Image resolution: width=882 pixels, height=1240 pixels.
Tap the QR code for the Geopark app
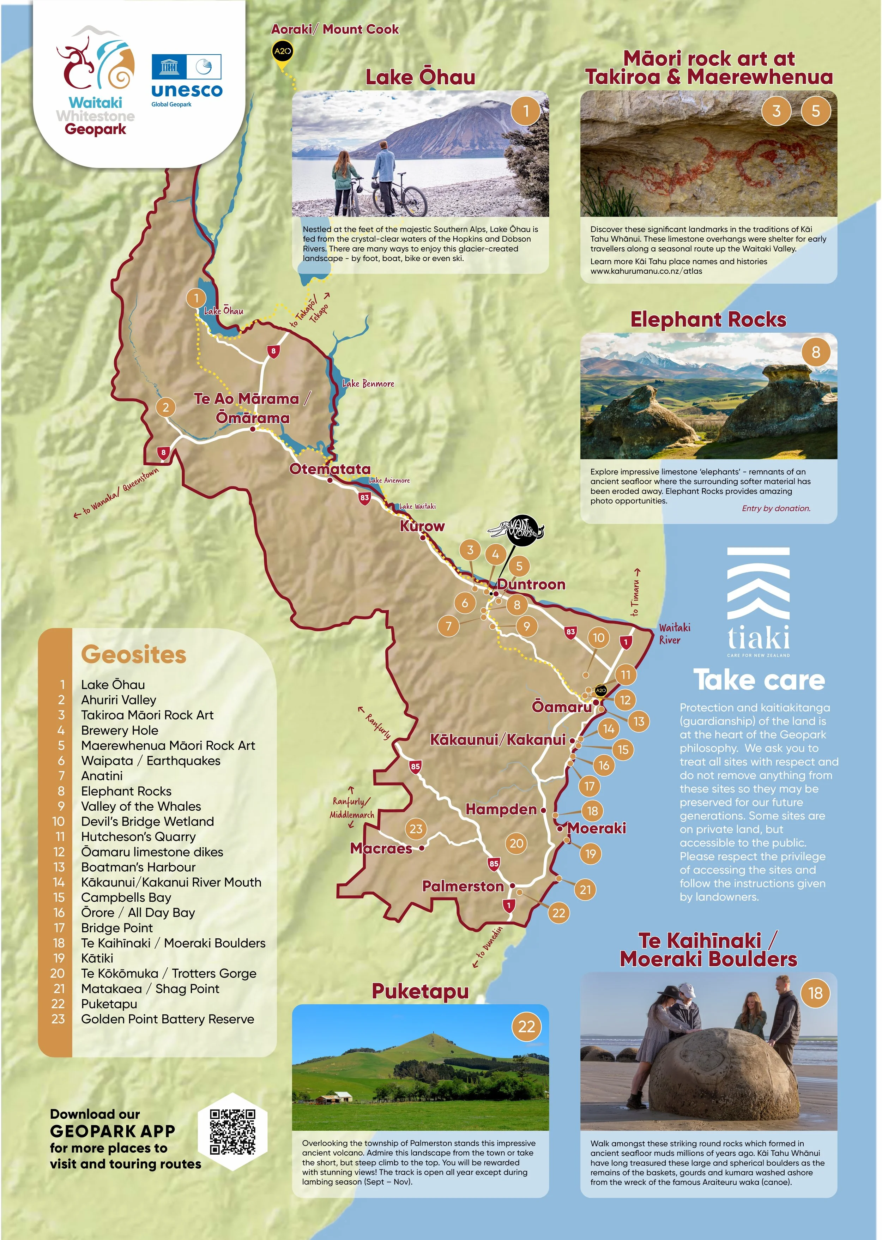pyautogui.click(x=232, y=1132)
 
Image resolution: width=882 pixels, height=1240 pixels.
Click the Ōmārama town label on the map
pyautogui.click(x=253, y=418)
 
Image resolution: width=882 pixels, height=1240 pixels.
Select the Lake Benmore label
pyautogui.click(x=368, y=383)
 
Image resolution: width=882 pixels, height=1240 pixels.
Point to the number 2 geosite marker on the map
pyautogui.click(x=166, y=407)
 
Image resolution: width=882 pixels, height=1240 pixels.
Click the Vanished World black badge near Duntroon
pyautogui.click(x=524, y=528)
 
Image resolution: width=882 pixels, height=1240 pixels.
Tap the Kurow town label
pyautogui.click(x=422, y=526)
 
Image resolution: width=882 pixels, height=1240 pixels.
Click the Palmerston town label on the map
pyautogui.click(x=463, y=886)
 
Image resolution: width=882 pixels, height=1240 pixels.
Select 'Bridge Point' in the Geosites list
pyautogui.click(x=117, y=928)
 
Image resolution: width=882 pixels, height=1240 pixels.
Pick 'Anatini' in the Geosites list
pyautogui.click(x=102, y=776)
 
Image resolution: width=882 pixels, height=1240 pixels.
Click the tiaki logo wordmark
pyautogui.click(x=759, y=639)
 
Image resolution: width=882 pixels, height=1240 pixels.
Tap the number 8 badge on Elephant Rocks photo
pyautogui.click(x=816, y=352)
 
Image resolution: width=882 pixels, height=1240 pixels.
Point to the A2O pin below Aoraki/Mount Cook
pyautogui.click(x=282, y=52)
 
